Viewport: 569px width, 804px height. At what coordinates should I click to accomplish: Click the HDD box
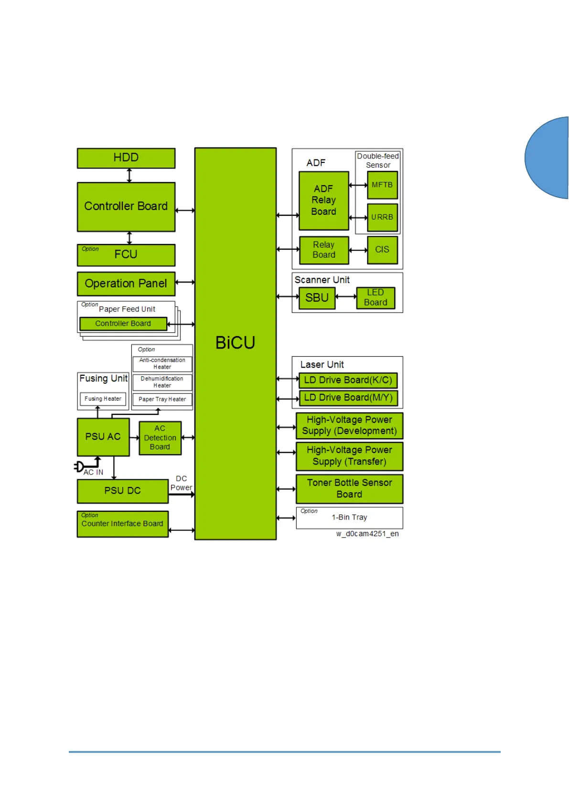pyautogui.click(x=126, y=158)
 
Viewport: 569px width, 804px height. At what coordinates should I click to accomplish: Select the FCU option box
pyautogui.click(x=126, y=255)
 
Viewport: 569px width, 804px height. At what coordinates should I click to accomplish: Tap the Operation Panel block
pyautogui.click(x=126, y=284)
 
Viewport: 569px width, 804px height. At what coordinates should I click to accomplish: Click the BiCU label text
pyautogui.click(x=235, y=343)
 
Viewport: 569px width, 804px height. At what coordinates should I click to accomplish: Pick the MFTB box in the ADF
pyautogui.click(x=382, y=185)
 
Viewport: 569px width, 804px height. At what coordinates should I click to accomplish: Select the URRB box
pyautogui.click(x=382, y=217)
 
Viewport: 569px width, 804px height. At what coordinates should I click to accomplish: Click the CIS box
pyautogui.click(x=382, y=250)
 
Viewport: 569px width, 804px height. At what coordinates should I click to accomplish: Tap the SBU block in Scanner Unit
pyautogui.click(x=317, y=298)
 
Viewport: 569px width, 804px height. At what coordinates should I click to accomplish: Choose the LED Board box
pyautogui.click(x=376, y=298)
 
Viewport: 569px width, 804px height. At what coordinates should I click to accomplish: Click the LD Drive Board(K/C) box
pyautogui.click(x=348, y=380)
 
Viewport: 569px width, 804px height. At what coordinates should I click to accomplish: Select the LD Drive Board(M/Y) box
pyautogui.click(x=348, y=398)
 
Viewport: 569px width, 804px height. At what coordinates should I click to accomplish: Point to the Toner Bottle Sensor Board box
pyautogui.click(x=349, y=488)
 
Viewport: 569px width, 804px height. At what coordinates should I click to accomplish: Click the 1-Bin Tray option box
pyautogui.click(x=349, y=518)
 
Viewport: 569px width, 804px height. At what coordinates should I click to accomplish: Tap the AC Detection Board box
pyautogui.click(x=160, y=438)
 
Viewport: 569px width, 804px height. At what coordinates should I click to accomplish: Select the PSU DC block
pyautogui.click(x=123, y=491)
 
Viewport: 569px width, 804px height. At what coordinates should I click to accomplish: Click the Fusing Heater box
pyautogui.click(x=103, y=399)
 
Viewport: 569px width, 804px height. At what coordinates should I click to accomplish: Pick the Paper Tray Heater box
pyautogui.click(x=162, y=399)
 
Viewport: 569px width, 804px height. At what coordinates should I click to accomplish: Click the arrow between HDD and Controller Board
pyautogui.click(x=129, y=175)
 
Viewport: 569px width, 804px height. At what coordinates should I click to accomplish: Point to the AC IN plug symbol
pyautogui.click(x=79, y=466)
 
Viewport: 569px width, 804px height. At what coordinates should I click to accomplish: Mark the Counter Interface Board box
pyautogui.click(x=123, y=524)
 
